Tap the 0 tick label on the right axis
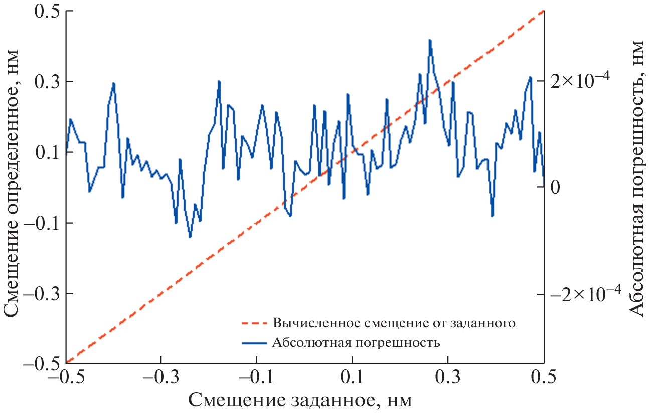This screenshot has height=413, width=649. point(555,188)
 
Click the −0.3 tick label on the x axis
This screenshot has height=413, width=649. point(160,376)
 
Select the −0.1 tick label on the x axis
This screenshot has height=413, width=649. point(256,376)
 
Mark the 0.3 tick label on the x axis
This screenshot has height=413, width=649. point(448,376)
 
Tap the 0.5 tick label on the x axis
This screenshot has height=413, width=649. point(544,376)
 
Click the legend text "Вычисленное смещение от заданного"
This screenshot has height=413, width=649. point(394,322)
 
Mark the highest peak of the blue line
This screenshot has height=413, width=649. point(430,40)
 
